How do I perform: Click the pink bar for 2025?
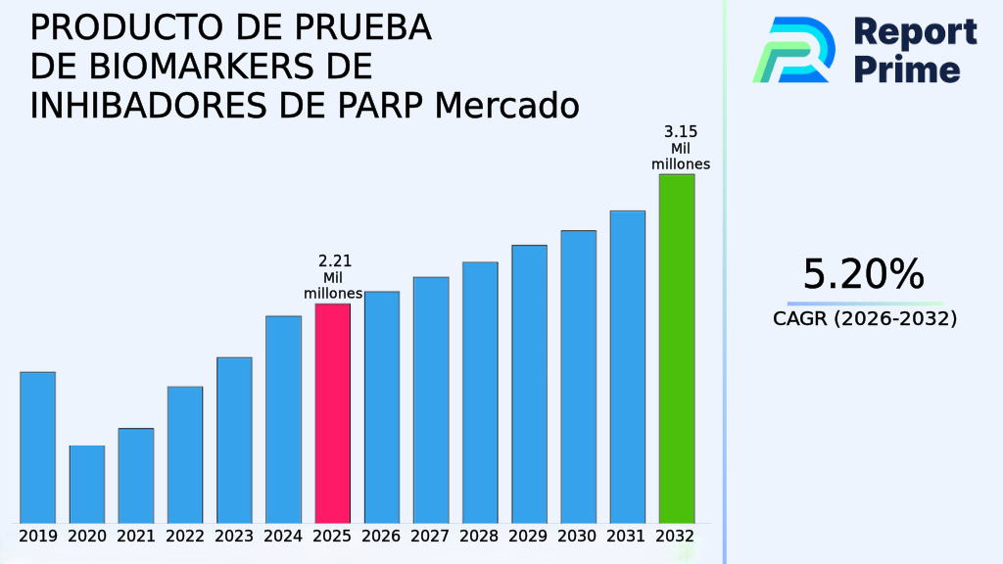pyautogui.click(x=332, y=412)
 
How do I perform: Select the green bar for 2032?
pyautogui.click(x=676, y=348)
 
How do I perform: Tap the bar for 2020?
pyautogui.click(x=86, y=484)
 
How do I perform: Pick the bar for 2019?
pyautogui.click(x=37, y=446)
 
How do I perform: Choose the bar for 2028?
pyautogui.click(x=480, y=392)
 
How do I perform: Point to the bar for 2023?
pyautogui.click(x=234, y=439)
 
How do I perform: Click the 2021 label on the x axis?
pyautogui.click(x=136, y=537)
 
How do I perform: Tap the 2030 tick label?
pyautogui.click(x=578, y=537)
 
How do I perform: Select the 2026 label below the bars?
pyautogui.click(x=381, y=537)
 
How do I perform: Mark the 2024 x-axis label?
pyautogui.click(x=283, y=537)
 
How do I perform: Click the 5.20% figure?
pyautogui.click(x=863, y=274)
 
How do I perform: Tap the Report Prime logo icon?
pyautogui.click(x=793, y=49)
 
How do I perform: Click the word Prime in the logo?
pyautogui.click(x=907, y=70)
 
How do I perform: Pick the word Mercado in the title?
pyautogui.click(x=507, y=105)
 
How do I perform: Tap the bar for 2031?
pyautogui.click(x=627, y=366)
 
